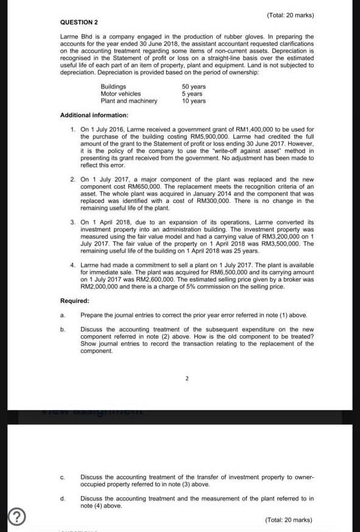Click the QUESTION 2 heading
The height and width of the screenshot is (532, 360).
pos(79,22)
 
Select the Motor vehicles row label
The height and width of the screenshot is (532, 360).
pos(121,94)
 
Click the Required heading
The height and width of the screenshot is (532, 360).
pos(75,301)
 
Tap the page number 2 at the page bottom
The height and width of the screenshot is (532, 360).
pos(186,378)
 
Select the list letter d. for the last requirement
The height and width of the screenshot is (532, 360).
pos(63,498)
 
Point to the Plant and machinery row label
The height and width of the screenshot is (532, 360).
pos(129,101)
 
